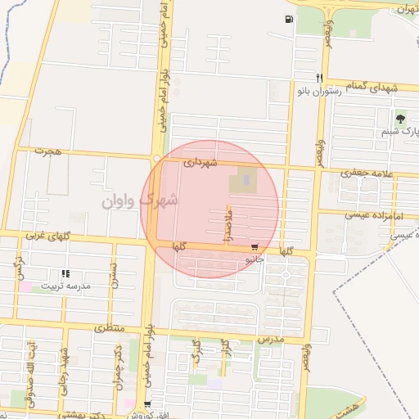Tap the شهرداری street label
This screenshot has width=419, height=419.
pyautogui.click(x=200, y=163)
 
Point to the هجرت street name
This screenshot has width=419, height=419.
pyautogui.click(x=47, y=151)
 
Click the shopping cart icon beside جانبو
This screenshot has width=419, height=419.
pyautogui.click(x=256, y=246)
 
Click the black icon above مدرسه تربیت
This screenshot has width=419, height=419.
pyautogui.click(x=65, y=274)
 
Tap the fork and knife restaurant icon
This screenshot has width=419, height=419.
pyautogui.click(x=319, y=79)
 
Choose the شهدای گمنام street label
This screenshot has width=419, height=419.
pyautogui.click(x=368, y=85)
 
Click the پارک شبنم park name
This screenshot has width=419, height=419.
pyautogui.click(x=399, y=131)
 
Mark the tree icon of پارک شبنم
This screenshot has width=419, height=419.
pyautogui.click(x=400, y=119)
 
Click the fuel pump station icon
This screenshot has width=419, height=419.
pyautogui.click(x=289, y=20)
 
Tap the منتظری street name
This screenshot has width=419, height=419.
pyautogui.click(x=107, y=327)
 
